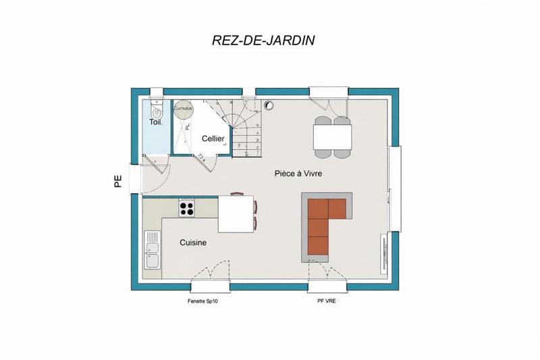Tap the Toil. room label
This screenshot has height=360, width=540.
tap(155, 122)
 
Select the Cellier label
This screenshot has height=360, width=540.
tap(213, 138)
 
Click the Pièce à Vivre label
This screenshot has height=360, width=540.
tap(298, 174)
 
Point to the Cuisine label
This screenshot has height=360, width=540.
tap(193, 242)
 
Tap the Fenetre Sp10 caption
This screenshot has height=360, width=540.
tap(202, 301)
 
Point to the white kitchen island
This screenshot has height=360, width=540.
tap(236, 214)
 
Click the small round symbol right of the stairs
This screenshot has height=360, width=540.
tap(270, 105)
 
